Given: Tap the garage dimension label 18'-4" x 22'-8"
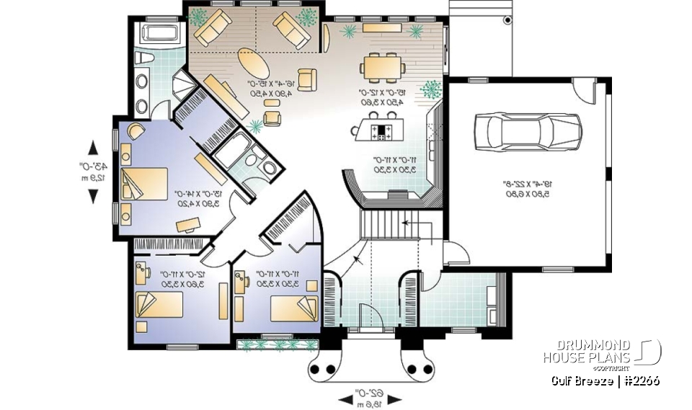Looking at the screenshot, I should pos(526,188).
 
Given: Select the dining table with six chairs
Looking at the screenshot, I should pos(383,68).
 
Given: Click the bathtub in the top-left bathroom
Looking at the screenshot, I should pos(157,33).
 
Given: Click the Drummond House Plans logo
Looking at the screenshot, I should pos(601,352).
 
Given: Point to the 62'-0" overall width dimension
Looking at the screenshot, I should pos(368,396).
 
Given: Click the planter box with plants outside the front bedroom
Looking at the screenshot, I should pos(278,345).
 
